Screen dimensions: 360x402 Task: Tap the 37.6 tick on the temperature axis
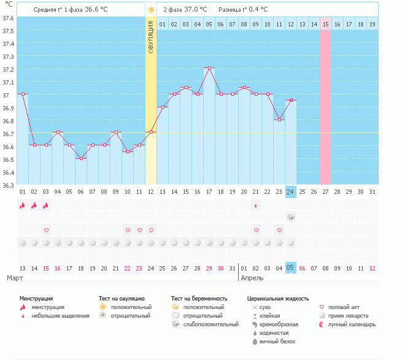8,18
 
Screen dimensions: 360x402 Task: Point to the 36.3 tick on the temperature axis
8,185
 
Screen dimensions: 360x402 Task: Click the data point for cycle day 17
209,68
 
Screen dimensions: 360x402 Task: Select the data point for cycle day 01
23,94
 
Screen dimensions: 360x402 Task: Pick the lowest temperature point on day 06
81,158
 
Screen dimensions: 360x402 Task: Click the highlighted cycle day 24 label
291,192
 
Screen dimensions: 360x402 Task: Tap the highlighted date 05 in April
291,268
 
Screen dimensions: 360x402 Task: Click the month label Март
15,278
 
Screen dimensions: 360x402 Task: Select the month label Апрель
252,278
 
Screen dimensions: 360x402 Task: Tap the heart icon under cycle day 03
46,230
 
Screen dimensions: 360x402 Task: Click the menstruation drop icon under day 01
23,205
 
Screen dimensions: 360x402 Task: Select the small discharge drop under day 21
256,205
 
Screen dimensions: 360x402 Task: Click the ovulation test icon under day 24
291,217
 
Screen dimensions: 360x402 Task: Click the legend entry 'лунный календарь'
351,324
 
